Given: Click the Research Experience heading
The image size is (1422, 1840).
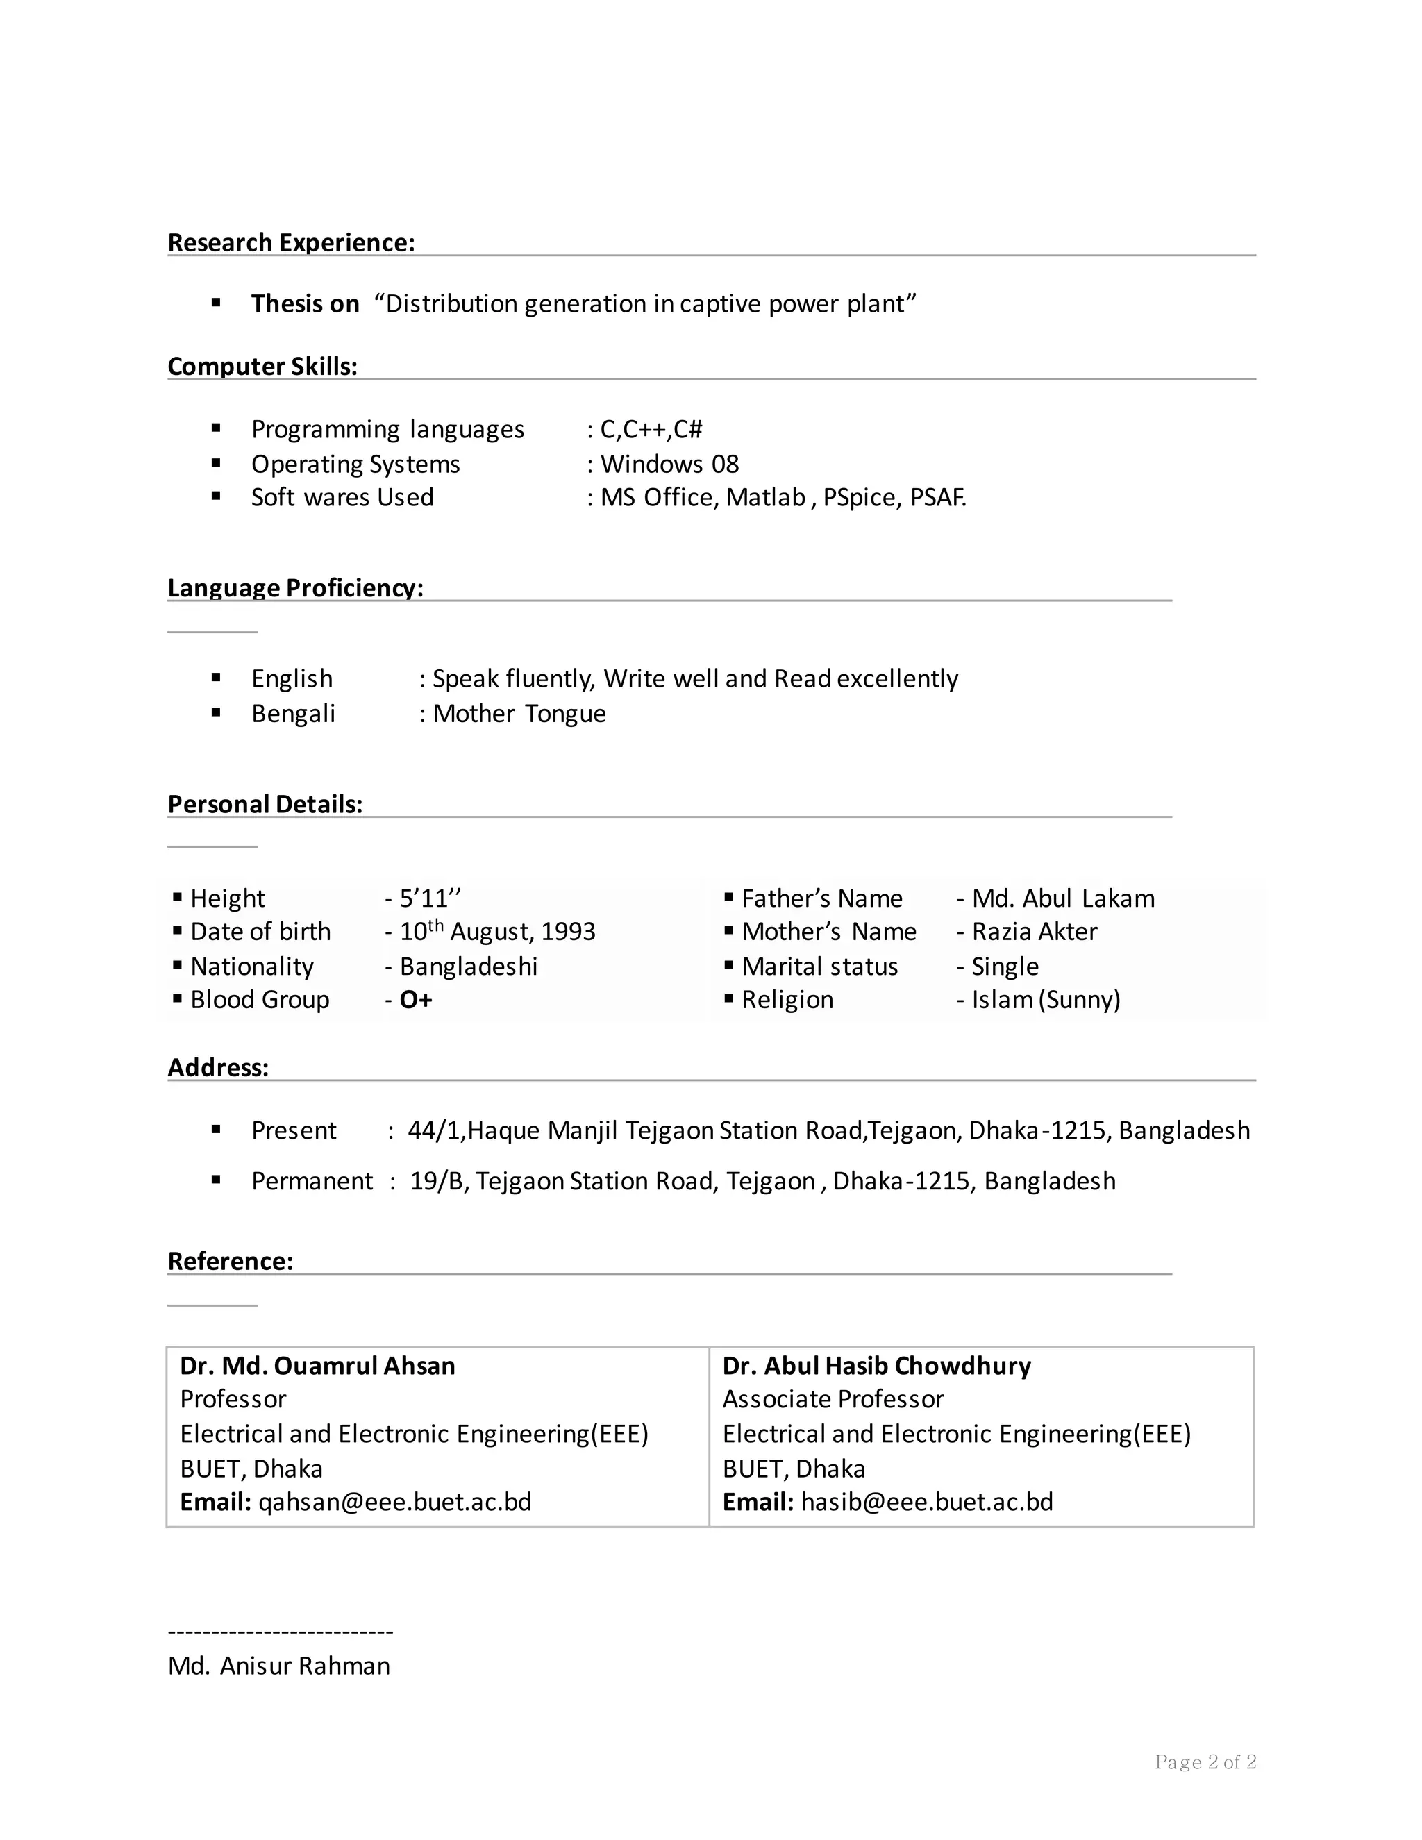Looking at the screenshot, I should coord(291,242).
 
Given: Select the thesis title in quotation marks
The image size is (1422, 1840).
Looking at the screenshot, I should coord(644,303).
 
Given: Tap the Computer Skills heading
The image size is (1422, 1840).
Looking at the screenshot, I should coord(262,367).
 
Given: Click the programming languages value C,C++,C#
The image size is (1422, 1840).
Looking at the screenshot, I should coord(651,430).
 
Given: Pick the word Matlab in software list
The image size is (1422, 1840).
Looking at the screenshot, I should coord(765,498).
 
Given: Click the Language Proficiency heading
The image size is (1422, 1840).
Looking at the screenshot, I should coord(295,587).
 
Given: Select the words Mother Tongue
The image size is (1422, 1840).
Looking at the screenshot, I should coord(519,714).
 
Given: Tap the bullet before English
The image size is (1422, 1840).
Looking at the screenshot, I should coord(217,678).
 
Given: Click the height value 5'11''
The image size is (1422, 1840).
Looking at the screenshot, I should coord(430,898).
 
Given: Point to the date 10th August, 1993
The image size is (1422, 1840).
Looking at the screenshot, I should coord(497,932).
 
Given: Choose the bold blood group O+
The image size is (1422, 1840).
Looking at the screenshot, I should coord(415,1000).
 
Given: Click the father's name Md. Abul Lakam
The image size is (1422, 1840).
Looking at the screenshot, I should coord(1062,898).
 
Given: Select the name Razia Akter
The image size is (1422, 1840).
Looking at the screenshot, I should coord(1034,932).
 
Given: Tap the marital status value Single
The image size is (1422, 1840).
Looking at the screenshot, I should coord(1004,967).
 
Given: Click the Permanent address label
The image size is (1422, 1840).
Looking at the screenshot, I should coord(312,1181).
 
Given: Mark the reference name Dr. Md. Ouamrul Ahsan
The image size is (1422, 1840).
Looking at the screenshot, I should coord(317,1366).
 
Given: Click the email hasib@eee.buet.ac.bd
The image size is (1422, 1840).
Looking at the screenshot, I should coord(927,1502).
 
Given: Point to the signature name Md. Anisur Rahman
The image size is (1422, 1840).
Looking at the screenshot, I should coord(279,1666).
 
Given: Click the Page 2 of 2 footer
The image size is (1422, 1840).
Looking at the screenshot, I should coord(1205,1762).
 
